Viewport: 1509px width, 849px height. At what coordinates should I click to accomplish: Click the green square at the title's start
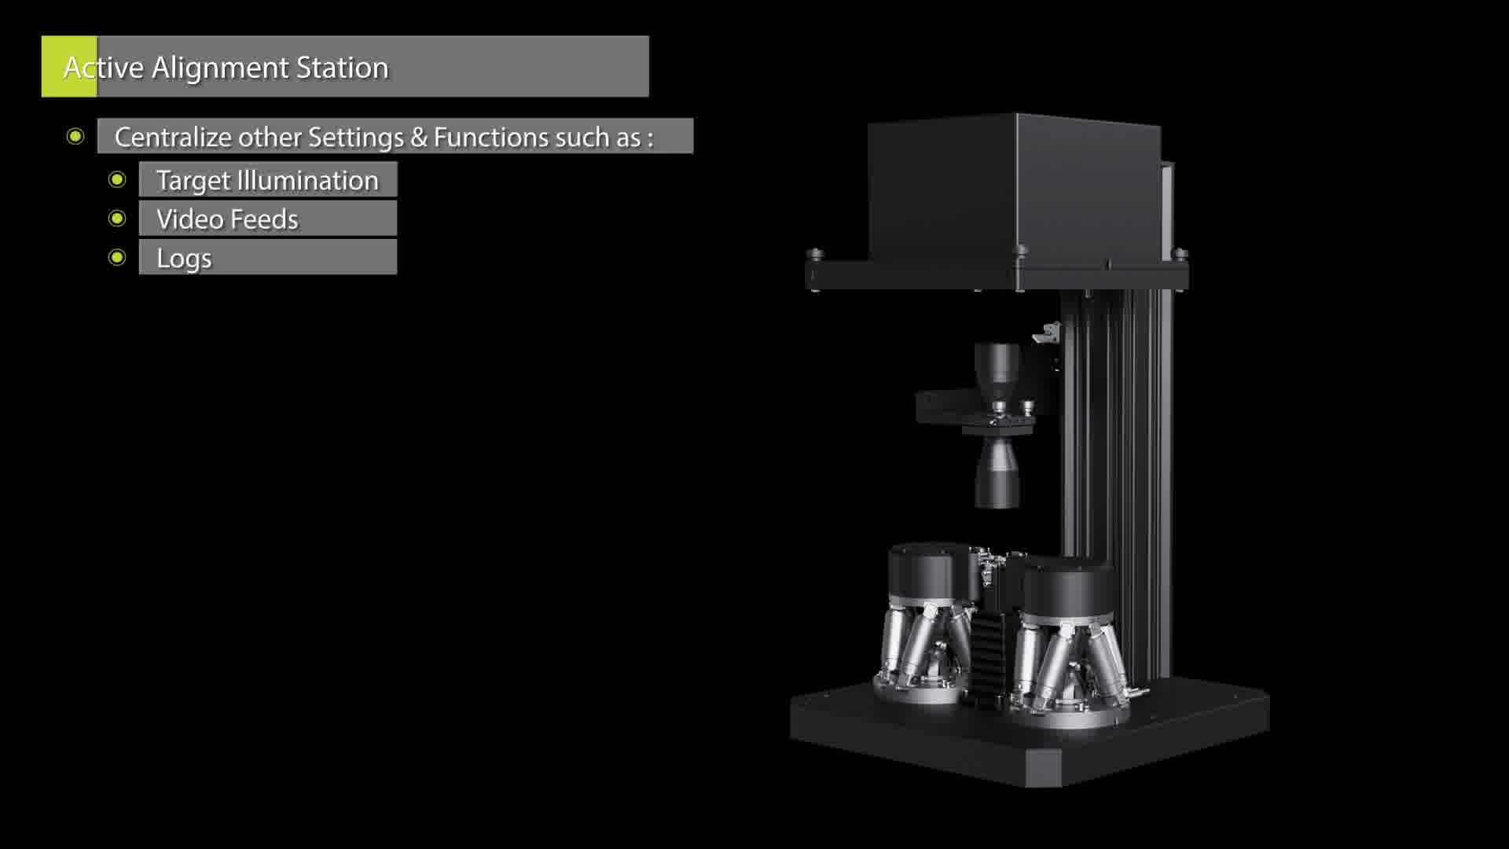coord(69,66)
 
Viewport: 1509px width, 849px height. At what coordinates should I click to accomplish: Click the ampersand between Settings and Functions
coord(419,138)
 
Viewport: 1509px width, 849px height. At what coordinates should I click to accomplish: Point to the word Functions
coord(491,138)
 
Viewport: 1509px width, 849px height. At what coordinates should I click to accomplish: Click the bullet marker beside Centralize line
coord(75,137)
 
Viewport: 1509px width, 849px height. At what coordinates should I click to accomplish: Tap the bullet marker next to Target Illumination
coord(117,180)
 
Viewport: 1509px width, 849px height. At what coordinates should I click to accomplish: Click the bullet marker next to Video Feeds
coord(117,219)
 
